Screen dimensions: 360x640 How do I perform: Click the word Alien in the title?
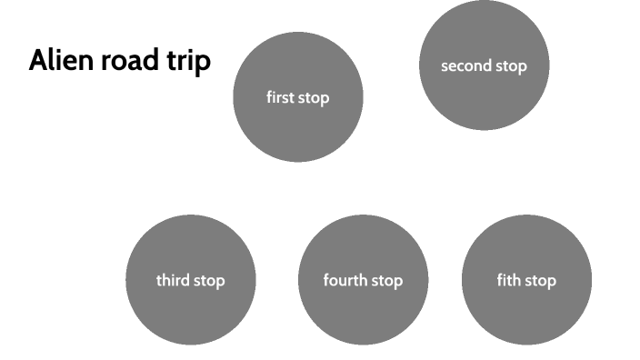pyautogui.click(x=56, y=62)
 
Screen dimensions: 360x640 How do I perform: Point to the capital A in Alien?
pyautogui.click(x=38, y=62)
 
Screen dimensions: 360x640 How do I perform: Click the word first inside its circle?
pyautogui.click(x=280, y=97)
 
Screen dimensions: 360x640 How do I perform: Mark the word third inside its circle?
pyautogui.click(x=173, y=280)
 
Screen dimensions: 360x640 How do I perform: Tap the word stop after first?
pyautogui.click(x=314, y=98)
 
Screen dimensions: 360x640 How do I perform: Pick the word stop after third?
pyautogui.click(x=208, y=281)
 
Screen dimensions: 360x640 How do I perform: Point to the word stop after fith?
pyautogui.click(x=540, y=281)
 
